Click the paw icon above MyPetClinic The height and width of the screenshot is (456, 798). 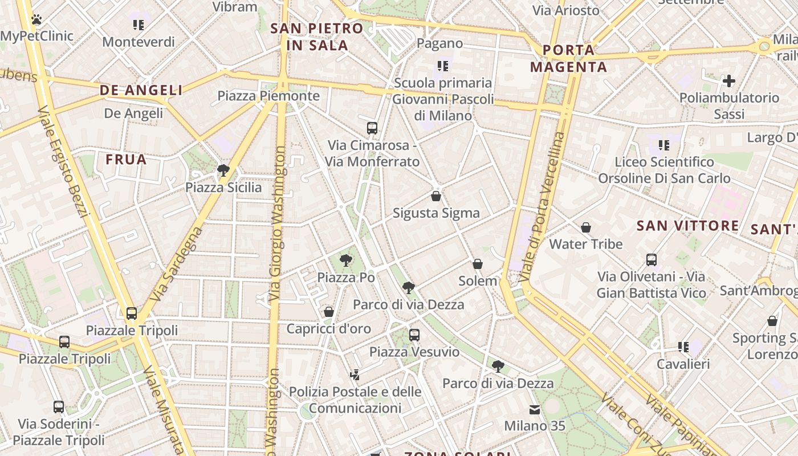pyautogui.click(x=37, y=20)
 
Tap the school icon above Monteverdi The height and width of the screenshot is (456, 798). pyautogui.click(x=139, y=25)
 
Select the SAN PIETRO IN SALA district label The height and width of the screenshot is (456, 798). pyautogui.click(x=317, y=37)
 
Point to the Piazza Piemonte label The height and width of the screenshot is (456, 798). pyautogui.click(x=268, y=96)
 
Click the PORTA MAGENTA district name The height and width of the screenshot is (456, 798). pyautogui.click(x=568, y=58)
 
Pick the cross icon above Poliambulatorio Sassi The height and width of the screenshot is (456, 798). pyautogui.click(x=728, y=81)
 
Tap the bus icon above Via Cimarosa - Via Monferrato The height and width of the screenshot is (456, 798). pyautogui.click(x=372, y=128)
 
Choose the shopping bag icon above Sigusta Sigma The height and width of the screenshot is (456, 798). pyautogui.click(x=436, y=197)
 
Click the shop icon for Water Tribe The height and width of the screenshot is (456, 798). pyautogui.click(x=586, y=228)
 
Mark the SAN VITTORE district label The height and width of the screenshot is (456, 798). pyautogui.click(x=687, y=226)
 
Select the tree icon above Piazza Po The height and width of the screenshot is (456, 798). pyautogui.click(x=345, y=261)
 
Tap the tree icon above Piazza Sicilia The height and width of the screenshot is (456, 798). pyautogui.click(x=223, y=170)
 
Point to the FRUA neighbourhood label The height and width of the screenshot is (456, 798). pyautogui.click(x=126, y=160)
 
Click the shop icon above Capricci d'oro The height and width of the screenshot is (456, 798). pyautogui.click(x=329, y=312)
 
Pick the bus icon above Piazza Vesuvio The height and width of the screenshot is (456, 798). pyautogui.click(x=414, y=335)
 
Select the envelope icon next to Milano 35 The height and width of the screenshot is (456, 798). pyautogui.click(x=535, y=409)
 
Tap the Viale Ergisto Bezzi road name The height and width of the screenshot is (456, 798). pyautogui.click(x=64, y=162)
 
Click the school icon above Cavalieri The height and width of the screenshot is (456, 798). pyautogui.click(x=683, y=347)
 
